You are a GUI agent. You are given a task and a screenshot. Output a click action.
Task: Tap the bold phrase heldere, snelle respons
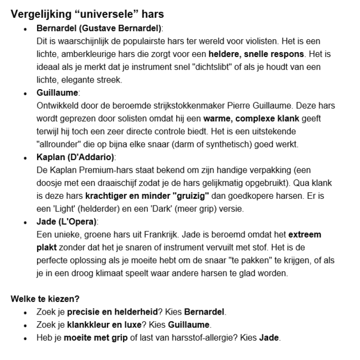[256, 54]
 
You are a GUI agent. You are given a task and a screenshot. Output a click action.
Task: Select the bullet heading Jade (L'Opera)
[66, 222]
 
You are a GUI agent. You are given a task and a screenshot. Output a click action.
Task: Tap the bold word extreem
[304, 235]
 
